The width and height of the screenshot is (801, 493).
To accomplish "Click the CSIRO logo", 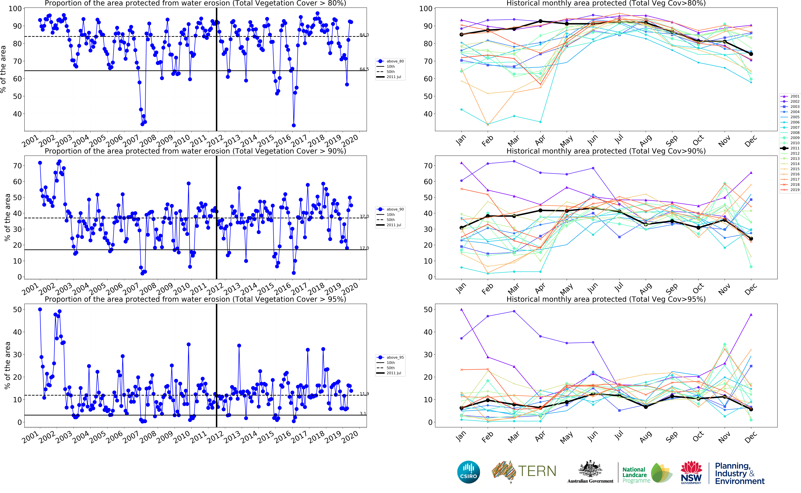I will [469, 472].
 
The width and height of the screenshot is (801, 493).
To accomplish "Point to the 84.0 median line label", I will [364, 35].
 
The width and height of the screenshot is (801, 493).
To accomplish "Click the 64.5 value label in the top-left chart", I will [364, 69].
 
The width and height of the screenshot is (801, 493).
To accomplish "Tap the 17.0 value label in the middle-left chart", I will [364, 248].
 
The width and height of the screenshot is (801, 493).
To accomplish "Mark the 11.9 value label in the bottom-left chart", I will [364, 394].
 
